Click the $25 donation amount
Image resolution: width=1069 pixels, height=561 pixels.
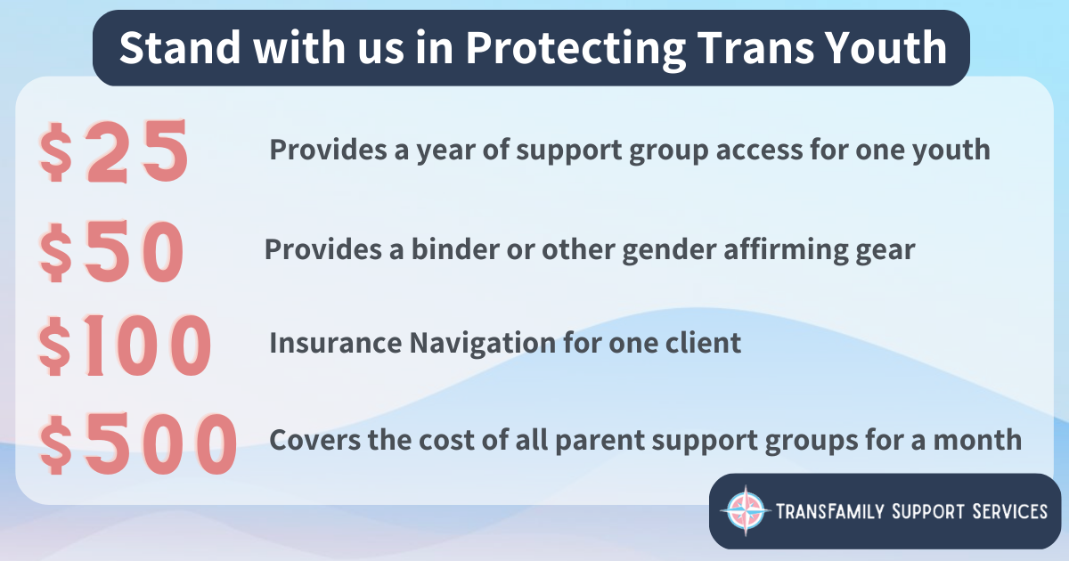114,152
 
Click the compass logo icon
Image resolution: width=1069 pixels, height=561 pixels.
746,511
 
